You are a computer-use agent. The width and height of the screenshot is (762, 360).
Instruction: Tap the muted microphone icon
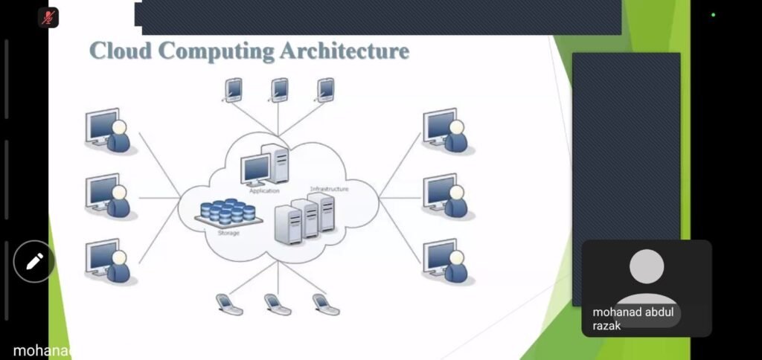[48, 17]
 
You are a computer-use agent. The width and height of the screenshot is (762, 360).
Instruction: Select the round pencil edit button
[34, 261]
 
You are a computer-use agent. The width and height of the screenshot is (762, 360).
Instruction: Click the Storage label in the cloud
[228, 232]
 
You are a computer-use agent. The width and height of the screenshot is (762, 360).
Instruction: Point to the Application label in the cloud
[264, 191]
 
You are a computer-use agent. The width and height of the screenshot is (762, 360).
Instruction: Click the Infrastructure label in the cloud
[329, 189]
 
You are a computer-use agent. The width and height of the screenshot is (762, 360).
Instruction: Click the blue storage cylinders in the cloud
[228, 212]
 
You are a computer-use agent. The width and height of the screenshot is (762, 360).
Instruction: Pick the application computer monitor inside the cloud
[256, 170]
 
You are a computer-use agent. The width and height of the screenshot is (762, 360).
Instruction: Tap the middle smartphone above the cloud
[280, 90]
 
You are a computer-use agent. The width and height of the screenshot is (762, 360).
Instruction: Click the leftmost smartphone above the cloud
[234, 90]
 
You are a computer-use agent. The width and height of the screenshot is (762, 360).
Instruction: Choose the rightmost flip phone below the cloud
[325, 304]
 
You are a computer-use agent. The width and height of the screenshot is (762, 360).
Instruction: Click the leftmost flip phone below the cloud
[228, 304]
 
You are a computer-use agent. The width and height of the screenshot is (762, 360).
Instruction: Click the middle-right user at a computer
[446, 196]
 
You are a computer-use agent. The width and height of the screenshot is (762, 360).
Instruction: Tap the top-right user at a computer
[446, 132]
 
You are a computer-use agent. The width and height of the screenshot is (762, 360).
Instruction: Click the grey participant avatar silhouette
[647, 274]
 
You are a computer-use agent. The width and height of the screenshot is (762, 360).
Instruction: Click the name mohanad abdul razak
[633, 319]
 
